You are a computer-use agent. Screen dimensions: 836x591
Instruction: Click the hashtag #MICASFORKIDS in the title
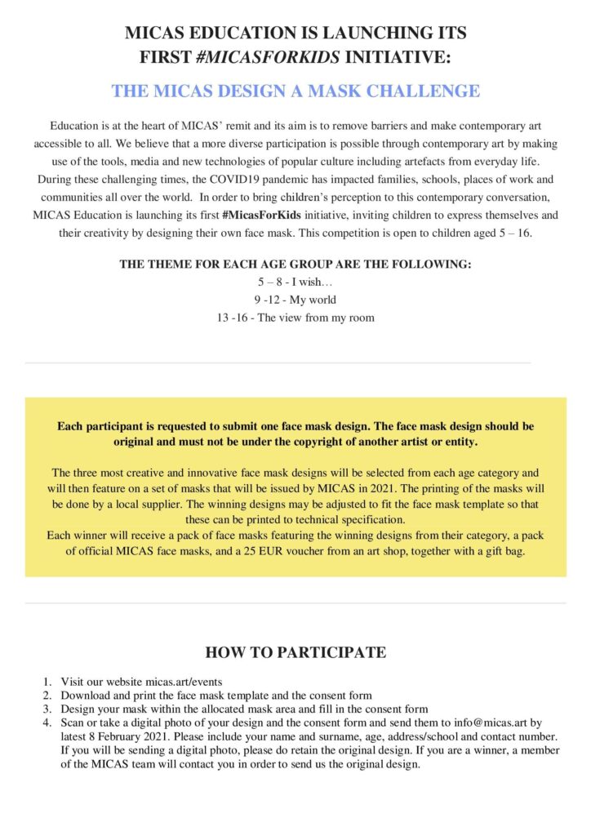point(276,58)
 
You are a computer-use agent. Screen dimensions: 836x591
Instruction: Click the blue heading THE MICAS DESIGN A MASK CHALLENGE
point(295,91)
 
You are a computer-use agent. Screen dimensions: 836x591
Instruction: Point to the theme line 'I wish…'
point(295,282)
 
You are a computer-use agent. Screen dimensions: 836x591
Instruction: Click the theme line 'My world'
point(295,300)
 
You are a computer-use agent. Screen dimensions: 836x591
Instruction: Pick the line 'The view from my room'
point(295,318)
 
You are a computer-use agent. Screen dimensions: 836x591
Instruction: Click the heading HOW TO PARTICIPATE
point(295,652)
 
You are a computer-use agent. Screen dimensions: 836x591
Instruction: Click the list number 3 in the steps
point(47,709)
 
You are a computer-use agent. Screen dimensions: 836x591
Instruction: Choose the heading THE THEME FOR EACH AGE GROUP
point(295,265)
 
